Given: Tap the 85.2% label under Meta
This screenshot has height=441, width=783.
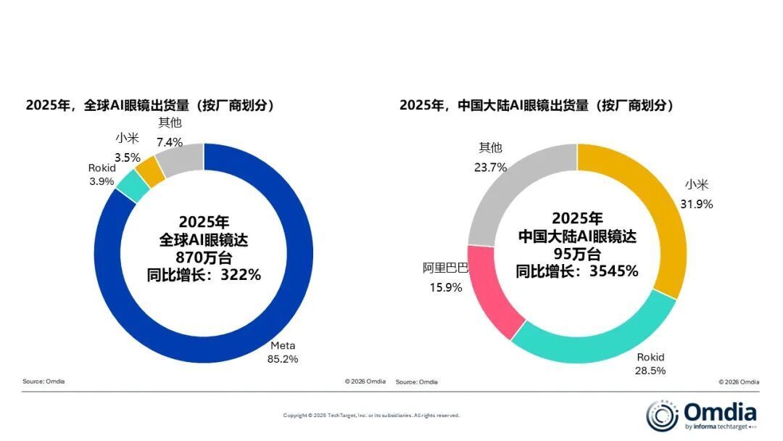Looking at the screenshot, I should point(283,358).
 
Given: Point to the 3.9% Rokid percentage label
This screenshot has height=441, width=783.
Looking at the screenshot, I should point(101,181).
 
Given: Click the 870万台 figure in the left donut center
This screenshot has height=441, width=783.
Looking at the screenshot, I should point(204,257).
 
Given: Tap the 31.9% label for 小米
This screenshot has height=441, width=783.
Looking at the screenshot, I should point(697,204).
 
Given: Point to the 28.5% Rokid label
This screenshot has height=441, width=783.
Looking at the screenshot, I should point(650,371).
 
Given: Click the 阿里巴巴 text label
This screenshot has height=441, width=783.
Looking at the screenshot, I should point(446,268).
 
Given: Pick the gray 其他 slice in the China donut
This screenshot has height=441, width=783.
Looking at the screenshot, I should point(507,189).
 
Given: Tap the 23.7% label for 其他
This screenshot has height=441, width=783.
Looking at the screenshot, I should point(491,167).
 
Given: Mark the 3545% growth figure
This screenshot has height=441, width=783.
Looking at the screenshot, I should point(614,271).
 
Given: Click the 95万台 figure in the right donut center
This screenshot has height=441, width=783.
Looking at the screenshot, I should point(577,254).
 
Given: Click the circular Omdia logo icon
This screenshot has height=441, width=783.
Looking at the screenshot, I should point(663,415).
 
